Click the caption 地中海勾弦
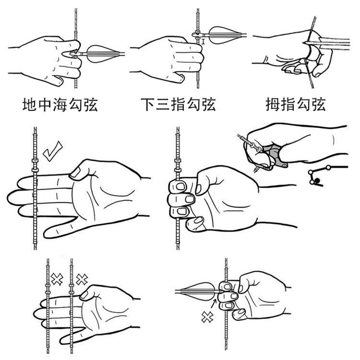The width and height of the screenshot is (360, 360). pos(60,105)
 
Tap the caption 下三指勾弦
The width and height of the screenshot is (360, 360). pos(178,105)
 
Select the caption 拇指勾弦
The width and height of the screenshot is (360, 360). pos(296,105)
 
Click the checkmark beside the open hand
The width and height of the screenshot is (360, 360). pos(53,151)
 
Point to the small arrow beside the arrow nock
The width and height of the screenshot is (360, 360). pos(214,304)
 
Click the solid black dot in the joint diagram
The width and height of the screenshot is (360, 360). pos(318,180)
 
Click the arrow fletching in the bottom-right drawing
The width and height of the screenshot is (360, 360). pos(198,291)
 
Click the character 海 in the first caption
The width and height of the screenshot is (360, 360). pos(60,105)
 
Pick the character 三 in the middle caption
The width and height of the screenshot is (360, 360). pos(163,105)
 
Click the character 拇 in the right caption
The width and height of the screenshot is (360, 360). pos(273,105)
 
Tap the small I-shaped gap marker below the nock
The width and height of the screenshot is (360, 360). pos(203,42)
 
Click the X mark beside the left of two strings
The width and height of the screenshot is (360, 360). pos(57,279)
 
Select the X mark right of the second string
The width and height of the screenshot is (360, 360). pos(82,279)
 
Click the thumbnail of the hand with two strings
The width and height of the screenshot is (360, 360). pos(84,295)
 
